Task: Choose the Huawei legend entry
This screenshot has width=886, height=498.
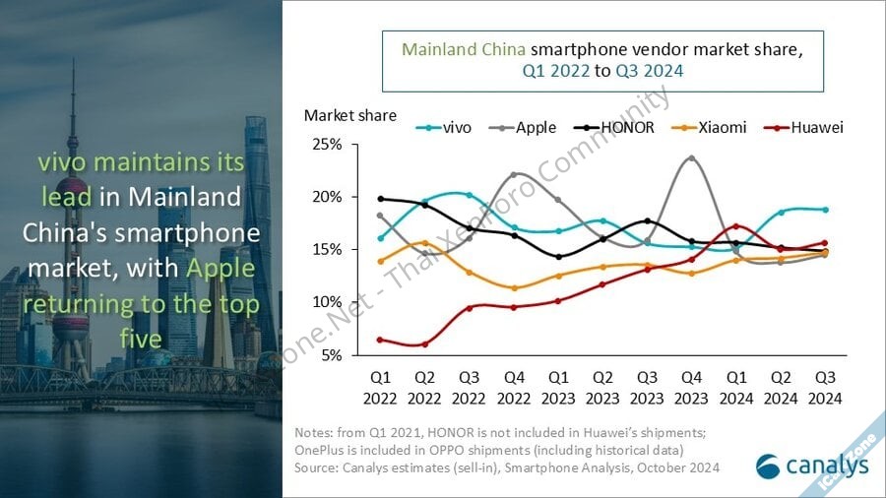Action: tap(806, 127)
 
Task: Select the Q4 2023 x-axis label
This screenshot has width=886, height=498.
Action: tap(691, 387)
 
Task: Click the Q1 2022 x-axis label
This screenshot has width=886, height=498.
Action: tap(380, 387)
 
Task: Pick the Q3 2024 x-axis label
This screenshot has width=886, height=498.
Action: tap(825, 387)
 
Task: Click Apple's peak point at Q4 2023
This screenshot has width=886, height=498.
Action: tap(691, 157)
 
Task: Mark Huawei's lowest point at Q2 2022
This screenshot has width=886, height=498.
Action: tap(424, 344)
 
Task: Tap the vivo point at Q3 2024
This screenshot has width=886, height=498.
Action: tap(825, 210)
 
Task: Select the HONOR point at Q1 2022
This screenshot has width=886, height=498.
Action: tap(380, 199)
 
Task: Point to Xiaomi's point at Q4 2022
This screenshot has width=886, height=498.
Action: tap(514, 288)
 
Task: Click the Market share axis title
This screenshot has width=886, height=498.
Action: tap(350, 115)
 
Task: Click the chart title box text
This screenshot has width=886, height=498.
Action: tap(602, 59)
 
